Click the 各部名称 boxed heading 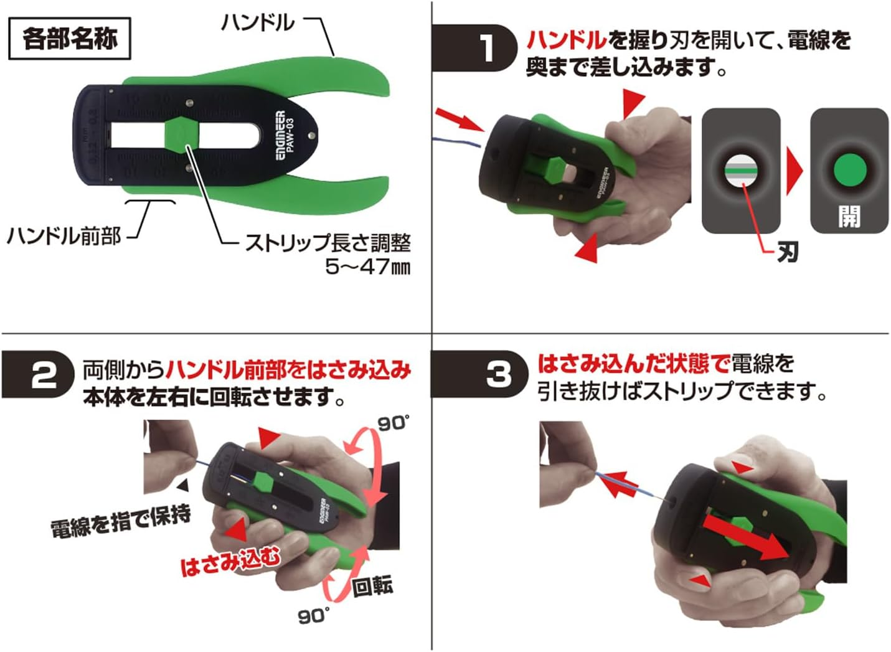point(69,39)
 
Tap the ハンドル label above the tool point(257,23)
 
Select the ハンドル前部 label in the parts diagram point(64,236)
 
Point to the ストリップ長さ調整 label point(328,242)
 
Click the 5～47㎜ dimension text point(367,267)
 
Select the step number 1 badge point(486,48)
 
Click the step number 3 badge point(497,374)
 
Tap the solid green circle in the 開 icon point(849,170)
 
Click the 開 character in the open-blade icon point(849,217)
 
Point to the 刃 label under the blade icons point(788,252)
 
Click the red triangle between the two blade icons point(794,171)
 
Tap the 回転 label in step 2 point(372,586)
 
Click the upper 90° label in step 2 point(393,423)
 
